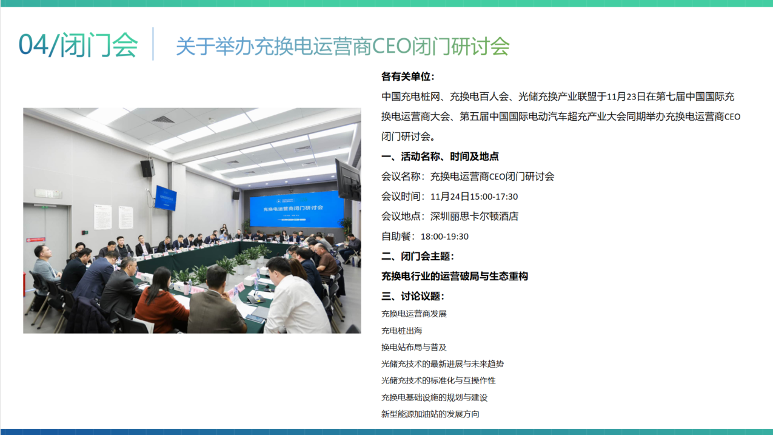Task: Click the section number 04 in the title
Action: (33, 44)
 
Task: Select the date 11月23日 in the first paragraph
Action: (626, 96)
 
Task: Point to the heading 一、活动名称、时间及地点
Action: (440, 157)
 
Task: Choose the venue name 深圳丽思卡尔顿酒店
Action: (474, 217)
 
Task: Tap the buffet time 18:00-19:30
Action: (444, 237)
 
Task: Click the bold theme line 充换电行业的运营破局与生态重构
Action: (455, 276)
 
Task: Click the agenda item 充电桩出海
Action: (402, 331)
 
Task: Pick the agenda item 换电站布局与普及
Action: (413, 347)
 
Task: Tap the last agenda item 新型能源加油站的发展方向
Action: (430, 414)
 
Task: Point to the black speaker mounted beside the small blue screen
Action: (148, 168)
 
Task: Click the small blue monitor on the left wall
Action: (166, 198)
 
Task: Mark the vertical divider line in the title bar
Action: (153, 44)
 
